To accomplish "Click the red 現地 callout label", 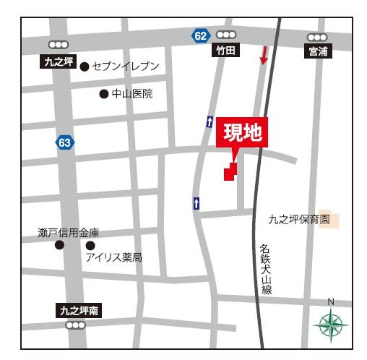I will [242, 133].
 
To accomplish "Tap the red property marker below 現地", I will [230, 171].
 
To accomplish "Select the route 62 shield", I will [200, 35].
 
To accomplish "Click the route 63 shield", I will [65, 142].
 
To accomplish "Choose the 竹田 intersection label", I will [225, 51].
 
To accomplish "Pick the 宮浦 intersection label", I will [317, 51].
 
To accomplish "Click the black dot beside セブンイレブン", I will [85, 67].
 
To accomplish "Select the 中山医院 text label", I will [131, 94].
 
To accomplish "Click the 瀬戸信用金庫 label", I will [69, 233].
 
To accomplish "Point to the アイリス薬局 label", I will [113, 257].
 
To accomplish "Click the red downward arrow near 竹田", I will [264, 54].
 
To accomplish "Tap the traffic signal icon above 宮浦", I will [317, 37].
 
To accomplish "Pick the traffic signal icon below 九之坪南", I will [75, 325].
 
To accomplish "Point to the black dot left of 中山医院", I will [103, 94].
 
